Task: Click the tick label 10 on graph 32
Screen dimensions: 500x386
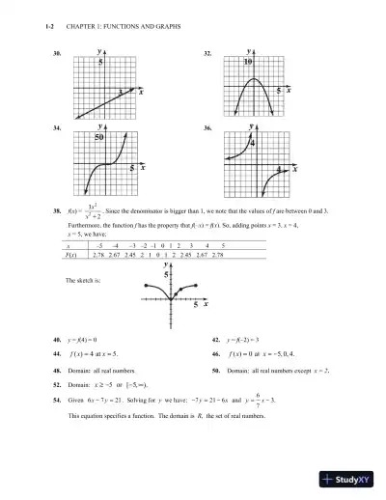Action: (248, 62)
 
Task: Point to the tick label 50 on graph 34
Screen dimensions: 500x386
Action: (98, 138)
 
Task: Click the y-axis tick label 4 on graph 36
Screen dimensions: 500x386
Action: (254, 143)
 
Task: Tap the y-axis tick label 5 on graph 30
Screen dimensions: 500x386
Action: (100, 62)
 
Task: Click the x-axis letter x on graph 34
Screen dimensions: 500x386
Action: (142, 167)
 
